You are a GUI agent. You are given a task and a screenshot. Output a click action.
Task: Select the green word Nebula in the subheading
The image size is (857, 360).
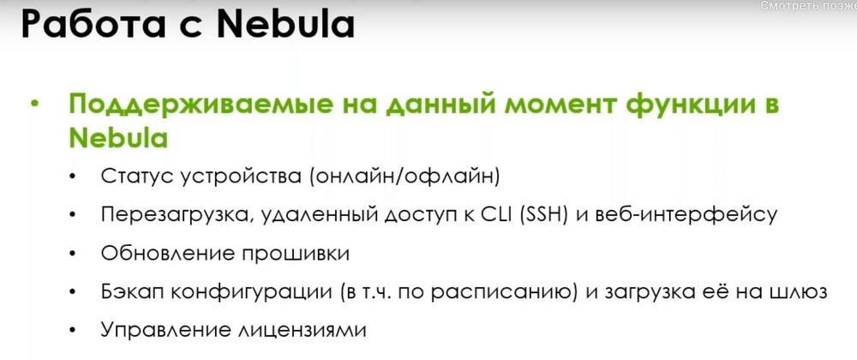click(x=118, y=138)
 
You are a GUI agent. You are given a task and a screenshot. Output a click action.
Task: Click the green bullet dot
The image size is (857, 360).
click(x=36, y=105)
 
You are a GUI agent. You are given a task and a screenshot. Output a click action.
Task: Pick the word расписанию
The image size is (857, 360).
click(x=503, y=293)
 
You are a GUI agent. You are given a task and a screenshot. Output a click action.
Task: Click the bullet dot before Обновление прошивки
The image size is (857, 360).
click(x=72, y=255)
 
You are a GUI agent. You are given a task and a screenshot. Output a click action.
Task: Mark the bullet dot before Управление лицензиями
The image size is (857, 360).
click(x=72, y=331)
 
